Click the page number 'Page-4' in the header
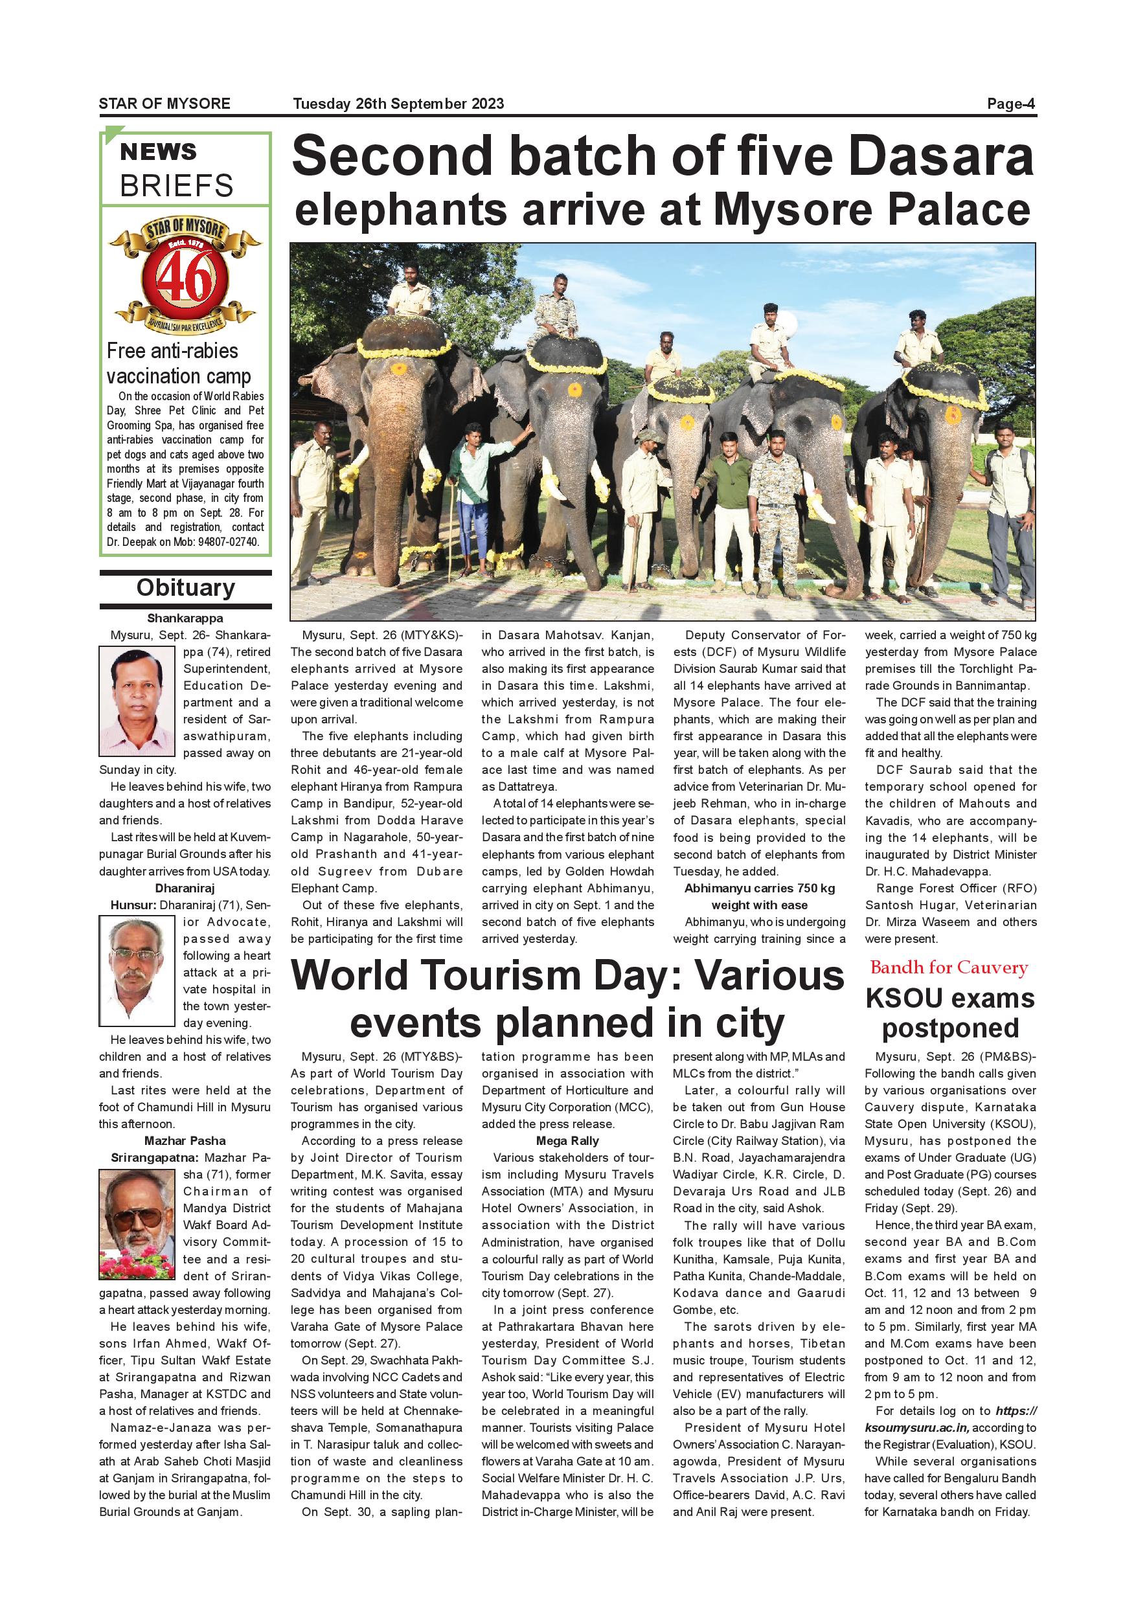point(1011,104)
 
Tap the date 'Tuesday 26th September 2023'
point(398,104)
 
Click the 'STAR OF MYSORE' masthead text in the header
point(165,104)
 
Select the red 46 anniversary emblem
point(185,278)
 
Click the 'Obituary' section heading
point(185,587)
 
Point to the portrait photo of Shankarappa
point(137,700)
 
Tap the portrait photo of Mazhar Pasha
point(137,1224)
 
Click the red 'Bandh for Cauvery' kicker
point(949,967)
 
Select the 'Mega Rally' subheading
point(567,1141)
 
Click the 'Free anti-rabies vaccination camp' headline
point(178,363)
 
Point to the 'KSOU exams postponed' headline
point(950,1013)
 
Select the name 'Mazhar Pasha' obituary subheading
point(185,1141)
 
